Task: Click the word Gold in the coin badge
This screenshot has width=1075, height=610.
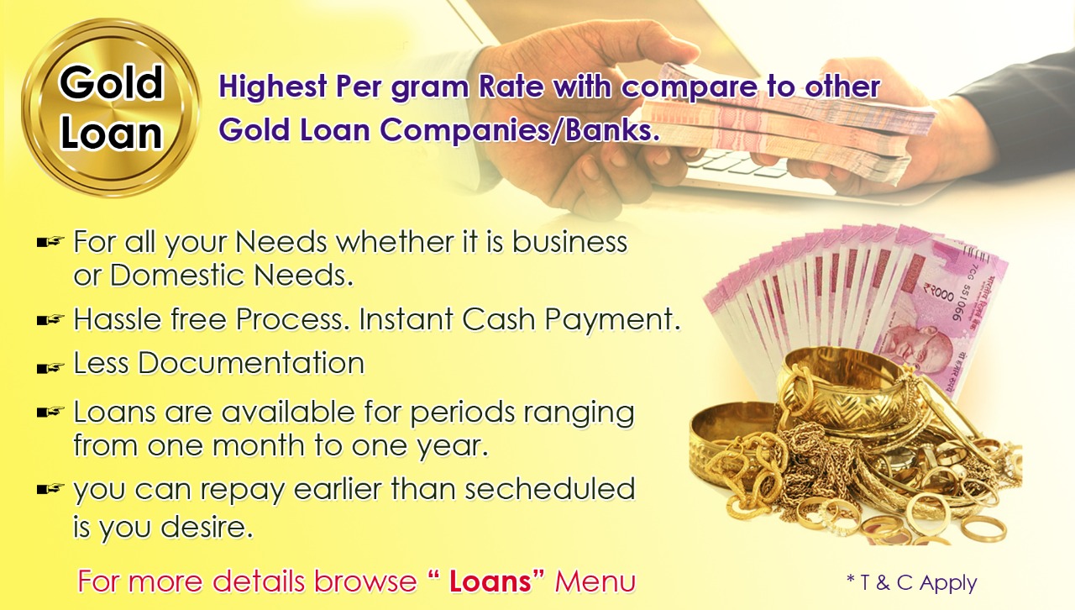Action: pyautogui.click(x=111, y=82)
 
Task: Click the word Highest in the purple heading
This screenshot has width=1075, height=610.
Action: pyautogui.click(x=273, y=87)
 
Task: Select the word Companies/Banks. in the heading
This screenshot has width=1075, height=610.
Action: pyautogui.click(x=520, y=129)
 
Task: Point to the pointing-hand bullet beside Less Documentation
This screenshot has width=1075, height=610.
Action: pyautogui.click(x=50, y=368)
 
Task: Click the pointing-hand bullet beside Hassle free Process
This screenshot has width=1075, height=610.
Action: pyautogui.click(x=50, y=319)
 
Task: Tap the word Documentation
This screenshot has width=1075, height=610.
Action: pyautogui.click(x=251, y=363)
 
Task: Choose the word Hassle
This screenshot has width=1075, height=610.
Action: pyautogui.click(x=117, y=319)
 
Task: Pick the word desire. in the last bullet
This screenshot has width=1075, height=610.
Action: pyautogui.click(x=207, y=527)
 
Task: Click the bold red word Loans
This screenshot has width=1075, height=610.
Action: pyautogui.click(x=490, y=581)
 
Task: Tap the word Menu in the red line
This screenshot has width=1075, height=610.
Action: pyautogui.click(x=595, y=581)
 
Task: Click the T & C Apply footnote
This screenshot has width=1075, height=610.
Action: pyautogui.click(x=912, y=582)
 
